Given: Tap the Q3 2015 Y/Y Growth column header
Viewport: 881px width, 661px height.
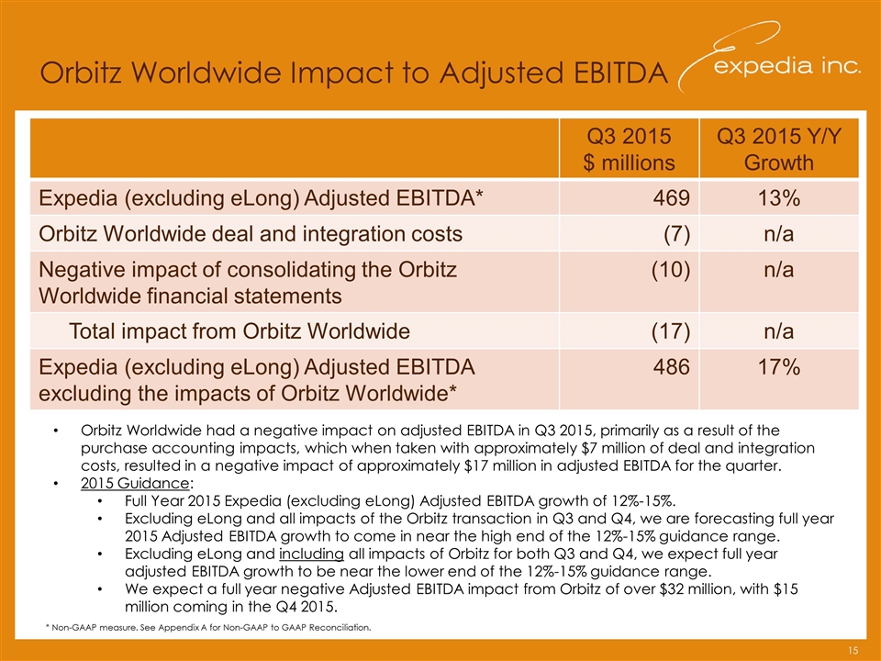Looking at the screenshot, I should [779, 150].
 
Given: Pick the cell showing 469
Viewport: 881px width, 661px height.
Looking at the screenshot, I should [675, 197].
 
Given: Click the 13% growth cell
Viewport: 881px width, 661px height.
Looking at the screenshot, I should [779, 197].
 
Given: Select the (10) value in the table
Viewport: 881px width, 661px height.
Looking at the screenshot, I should [673, 273].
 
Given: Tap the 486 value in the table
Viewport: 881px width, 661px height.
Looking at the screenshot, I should [675, 368].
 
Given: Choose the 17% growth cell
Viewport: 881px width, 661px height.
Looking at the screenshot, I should [779, 368].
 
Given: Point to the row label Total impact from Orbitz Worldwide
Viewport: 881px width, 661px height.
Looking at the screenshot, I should [240, 330].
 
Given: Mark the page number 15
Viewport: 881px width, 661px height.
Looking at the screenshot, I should [853, 651].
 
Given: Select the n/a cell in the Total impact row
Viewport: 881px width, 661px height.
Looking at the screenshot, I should [779, 330].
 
